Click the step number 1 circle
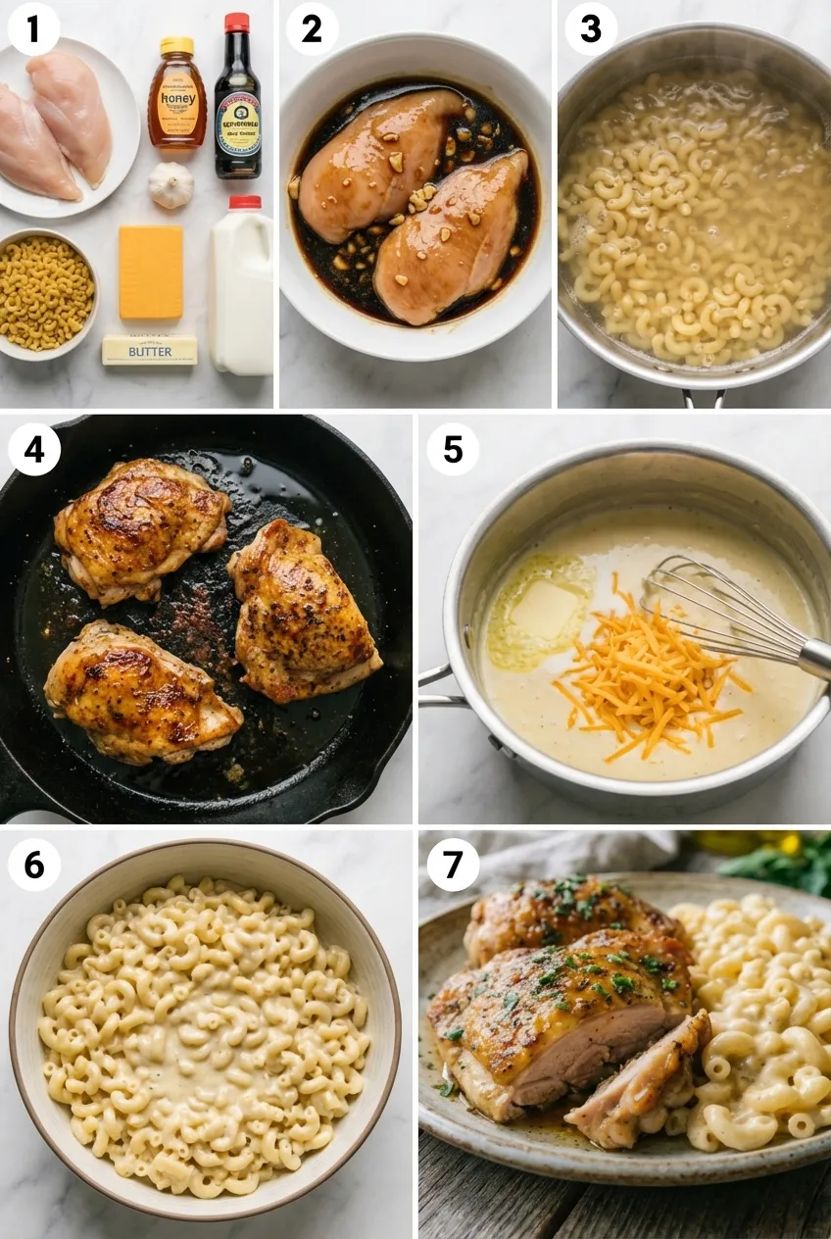33,29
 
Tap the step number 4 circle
33,450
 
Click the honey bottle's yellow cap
177,45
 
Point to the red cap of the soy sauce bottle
236,23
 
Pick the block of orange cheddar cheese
151,272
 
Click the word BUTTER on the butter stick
149,351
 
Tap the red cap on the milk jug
245,203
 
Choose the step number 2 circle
312,29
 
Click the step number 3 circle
591,29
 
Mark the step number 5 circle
453,450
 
